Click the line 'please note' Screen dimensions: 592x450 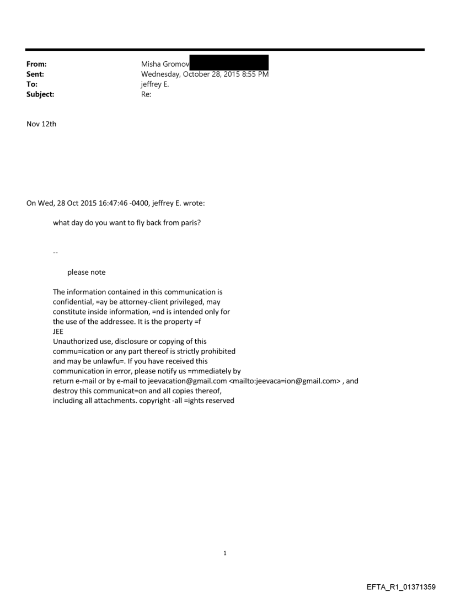tap(87, 272)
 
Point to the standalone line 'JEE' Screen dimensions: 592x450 tap(58, 331)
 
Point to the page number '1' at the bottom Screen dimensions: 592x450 tap(225, 553)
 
